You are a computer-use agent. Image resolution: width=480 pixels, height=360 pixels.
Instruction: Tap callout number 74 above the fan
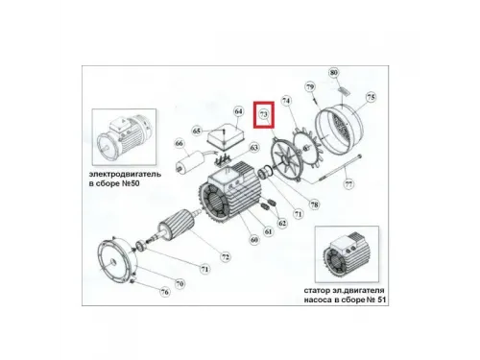[285, 99]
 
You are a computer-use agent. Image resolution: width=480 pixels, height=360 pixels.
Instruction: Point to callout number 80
[333, 73]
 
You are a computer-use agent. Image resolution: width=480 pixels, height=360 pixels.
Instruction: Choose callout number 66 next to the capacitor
[179, 145]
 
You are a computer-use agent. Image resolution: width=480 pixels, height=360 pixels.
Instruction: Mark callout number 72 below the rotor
[225, 256]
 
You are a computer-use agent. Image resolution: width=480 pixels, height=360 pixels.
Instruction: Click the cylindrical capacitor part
[199, 164]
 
